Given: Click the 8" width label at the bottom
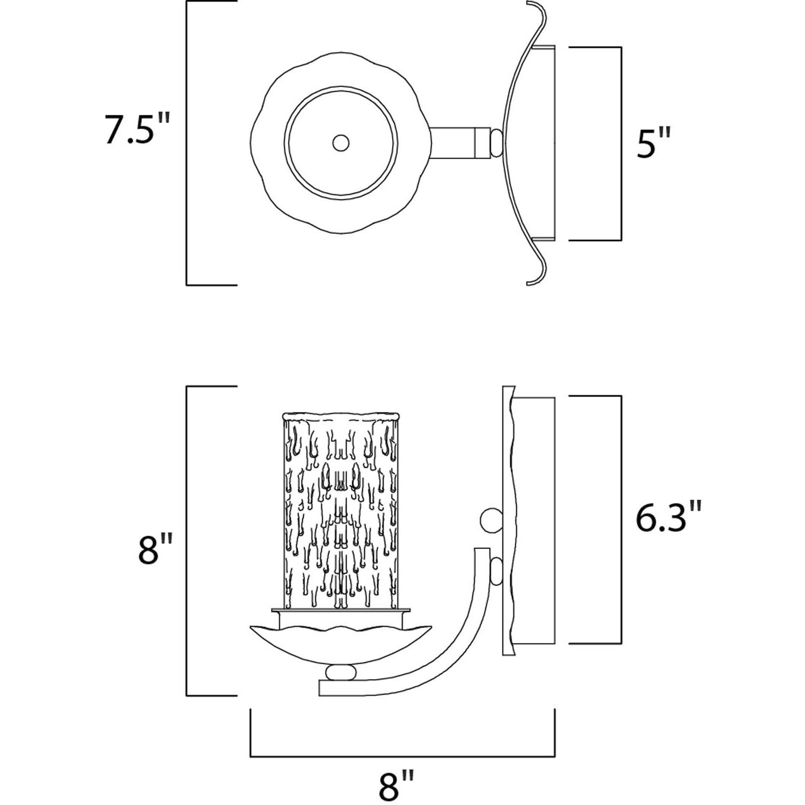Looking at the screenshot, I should (x=395, y=783).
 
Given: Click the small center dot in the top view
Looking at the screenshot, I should (x=341, y=143).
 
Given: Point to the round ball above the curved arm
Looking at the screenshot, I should (x=489, y=520).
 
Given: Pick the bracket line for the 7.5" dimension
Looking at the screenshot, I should (x=187, y=143).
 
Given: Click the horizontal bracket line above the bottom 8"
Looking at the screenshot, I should (x=402, y=756).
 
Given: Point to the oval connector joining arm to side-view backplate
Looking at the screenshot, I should (x=496, y=571).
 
